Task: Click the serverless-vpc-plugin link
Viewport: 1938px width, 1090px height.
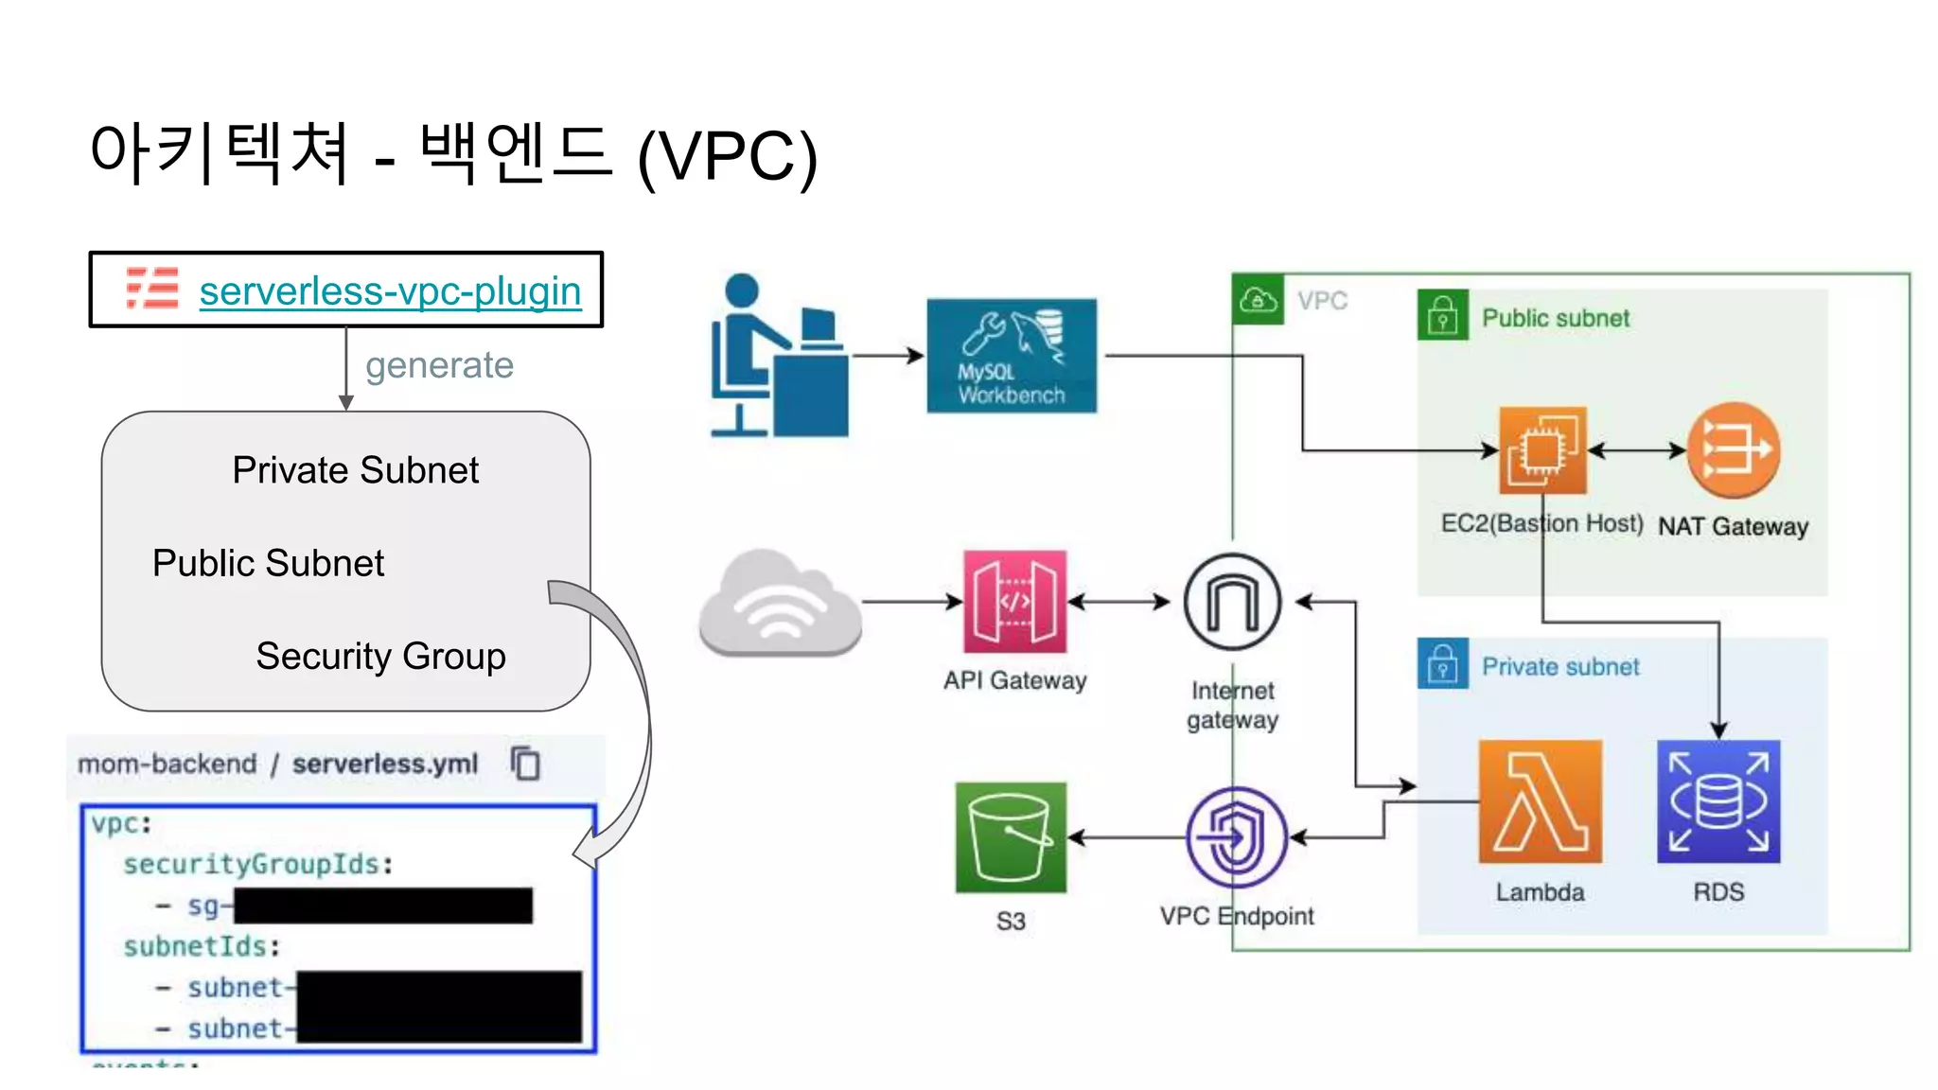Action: pos(390,290)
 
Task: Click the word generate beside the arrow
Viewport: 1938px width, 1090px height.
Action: pos(439,365)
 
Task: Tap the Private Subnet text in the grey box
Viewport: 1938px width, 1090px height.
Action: pos(355,470)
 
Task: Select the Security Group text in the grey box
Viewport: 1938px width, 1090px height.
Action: pos(380,656)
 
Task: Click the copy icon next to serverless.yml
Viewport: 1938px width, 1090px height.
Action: pos(525,763)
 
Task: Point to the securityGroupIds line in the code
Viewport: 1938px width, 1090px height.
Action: pos(257,864)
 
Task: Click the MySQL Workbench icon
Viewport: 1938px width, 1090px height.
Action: pos(1012,356)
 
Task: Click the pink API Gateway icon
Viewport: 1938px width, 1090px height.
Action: pos(1014,602)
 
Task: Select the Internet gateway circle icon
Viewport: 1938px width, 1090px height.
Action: pos(1232,602)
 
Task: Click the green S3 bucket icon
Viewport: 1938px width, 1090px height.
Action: pos(1011,837)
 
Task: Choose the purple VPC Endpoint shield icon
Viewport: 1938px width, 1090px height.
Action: pos(1236,837)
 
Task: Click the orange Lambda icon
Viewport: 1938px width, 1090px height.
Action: pos(1540,801)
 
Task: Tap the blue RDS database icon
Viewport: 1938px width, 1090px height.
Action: pos(1718,801)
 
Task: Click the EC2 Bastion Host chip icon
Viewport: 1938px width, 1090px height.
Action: pos(1542,450)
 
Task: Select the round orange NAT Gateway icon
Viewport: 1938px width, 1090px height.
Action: pos(1734,450)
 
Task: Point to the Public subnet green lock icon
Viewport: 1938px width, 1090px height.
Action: pos(1442,315)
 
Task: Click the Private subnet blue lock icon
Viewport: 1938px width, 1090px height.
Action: pos(1442,664)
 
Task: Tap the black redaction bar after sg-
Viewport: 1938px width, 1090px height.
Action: pos(383,905)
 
